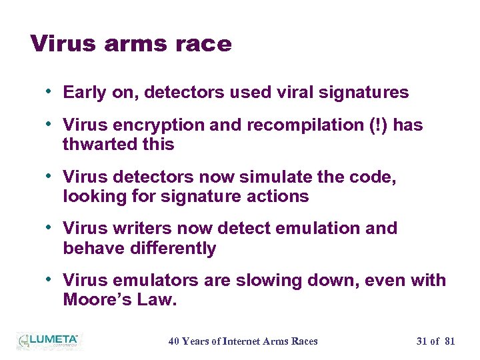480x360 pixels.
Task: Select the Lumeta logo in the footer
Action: coord(47,341)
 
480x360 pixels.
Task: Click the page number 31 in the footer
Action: coord(421,341)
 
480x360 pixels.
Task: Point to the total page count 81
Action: coord(449,341)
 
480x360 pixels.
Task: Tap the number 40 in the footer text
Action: coord(173,341)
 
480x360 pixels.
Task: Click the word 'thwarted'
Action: coord(94,145)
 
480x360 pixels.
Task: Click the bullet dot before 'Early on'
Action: coord(51,92)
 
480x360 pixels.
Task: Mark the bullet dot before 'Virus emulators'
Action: coord(51,279)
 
